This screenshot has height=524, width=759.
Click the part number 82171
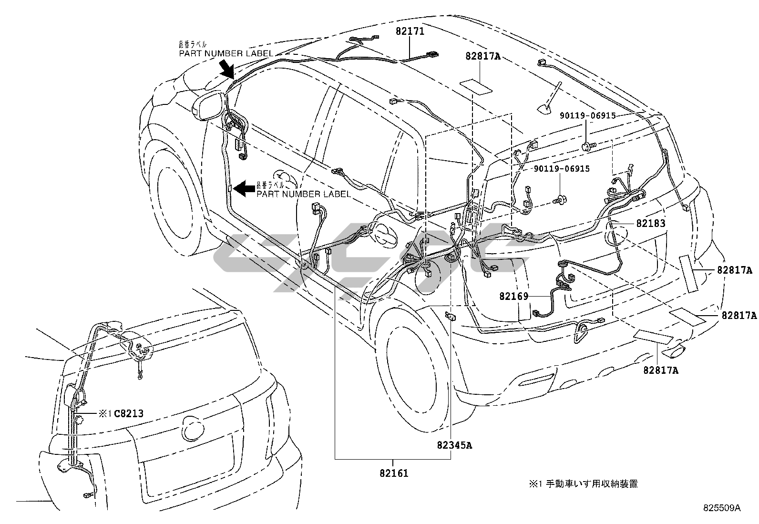click(x=410, y=32)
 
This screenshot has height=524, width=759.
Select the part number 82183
click(x=650, y=223)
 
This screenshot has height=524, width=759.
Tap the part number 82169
click(x=513, y=296)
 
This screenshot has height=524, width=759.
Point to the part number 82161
click(x=394, y=474)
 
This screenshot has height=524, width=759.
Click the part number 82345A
click(x=454, y=445)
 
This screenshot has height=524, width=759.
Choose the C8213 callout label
click(x=128, y=414)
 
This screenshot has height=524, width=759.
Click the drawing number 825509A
click(x=720, y=508)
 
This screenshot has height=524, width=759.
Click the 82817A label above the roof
click(x=483, y=56)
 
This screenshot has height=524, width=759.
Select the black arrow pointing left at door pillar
click(x=246, y=188)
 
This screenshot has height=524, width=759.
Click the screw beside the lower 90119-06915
click(x=558, y=201)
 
